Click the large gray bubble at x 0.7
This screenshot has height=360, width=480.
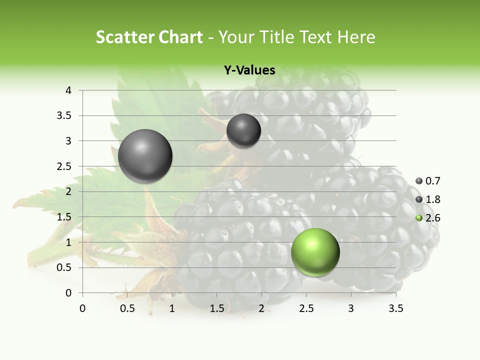point(145,156)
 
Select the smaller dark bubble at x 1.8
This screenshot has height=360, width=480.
point(243,130)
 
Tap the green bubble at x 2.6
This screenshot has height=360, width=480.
point(315,252)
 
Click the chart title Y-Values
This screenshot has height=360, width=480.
point(249,70)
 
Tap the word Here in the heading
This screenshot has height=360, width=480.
point(356,37)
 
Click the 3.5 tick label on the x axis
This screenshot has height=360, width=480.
point(395,308)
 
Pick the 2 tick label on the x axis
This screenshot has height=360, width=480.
point(261,308)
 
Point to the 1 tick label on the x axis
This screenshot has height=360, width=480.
point(172,308)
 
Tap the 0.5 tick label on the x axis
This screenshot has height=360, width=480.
point(127,308)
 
